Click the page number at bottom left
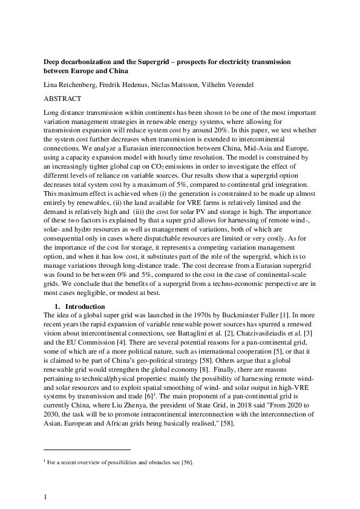point(45,497)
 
